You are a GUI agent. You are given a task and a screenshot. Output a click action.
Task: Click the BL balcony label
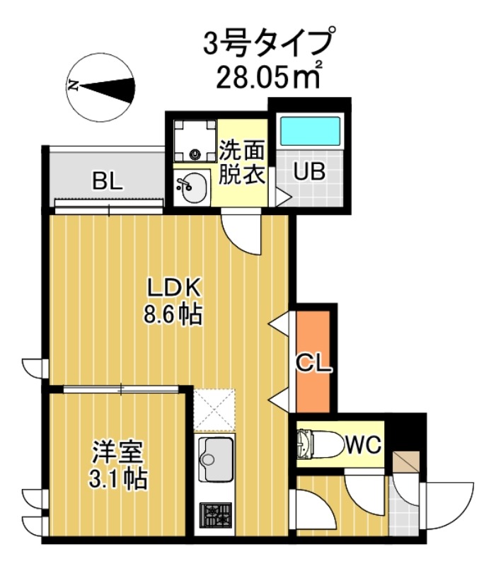click(x=108, y=182)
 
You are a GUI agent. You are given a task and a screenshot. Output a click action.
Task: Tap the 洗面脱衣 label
click(x=241, y=163)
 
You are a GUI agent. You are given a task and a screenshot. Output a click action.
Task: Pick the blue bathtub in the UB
click(x=310, y=132)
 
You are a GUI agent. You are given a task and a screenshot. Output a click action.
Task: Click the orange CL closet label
click(x=313, y=364)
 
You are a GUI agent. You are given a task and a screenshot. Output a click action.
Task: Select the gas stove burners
click(x=216, y=514)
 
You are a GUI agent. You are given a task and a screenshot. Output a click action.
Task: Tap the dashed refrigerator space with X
click(x=215, y=409)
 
